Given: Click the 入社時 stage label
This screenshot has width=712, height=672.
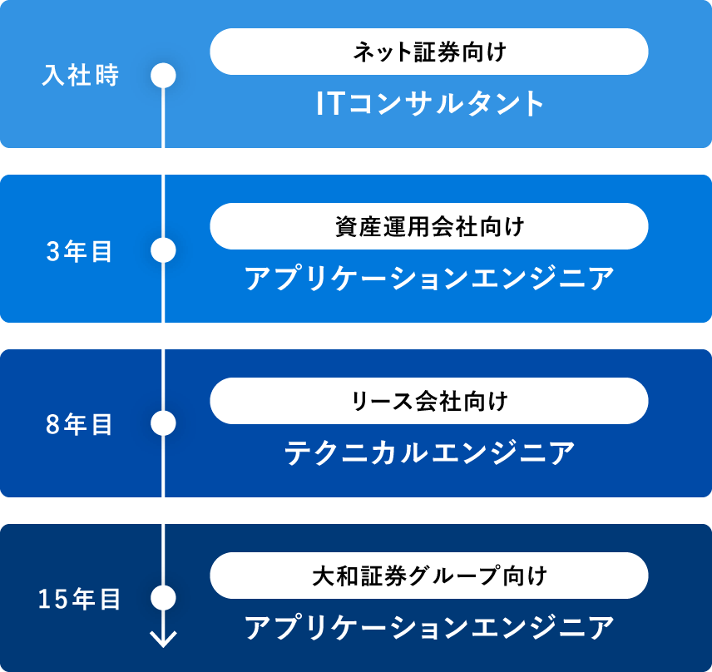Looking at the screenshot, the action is tap(81, 76).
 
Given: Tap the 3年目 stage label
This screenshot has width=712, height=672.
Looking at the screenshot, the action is tap(79, 251).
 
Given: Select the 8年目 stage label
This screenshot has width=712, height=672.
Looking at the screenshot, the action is tap(79, 424).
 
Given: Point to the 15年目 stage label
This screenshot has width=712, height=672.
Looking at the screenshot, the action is tap(79, 599).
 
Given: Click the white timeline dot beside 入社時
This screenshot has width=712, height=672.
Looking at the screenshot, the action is tap(164, 76).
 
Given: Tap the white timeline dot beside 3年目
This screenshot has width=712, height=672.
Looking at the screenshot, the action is tap(164, 250).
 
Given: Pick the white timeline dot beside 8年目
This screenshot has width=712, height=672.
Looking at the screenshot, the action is tap(164, 423).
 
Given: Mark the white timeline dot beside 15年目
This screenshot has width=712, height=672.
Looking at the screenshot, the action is tap(164, 597).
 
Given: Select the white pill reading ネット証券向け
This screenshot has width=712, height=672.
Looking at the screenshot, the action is tap(429, 52).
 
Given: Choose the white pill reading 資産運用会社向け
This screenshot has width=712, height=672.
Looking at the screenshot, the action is tap(429, 226).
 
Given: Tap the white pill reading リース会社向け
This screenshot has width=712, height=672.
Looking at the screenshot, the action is tap(429, 401).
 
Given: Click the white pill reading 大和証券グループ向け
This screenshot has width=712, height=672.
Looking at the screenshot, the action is tap(429, 576).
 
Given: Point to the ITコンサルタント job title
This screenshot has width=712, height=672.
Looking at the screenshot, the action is tap(429, 103).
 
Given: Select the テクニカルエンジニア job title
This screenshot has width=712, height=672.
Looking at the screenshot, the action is tap(429, 452).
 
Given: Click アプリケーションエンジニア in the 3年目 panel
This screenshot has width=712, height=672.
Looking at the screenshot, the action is tap(429, 278).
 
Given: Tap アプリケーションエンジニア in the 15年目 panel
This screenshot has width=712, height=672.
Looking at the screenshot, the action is tap(429, 627).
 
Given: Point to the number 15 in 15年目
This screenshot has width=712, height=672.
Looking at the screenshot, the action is tap(53, 599).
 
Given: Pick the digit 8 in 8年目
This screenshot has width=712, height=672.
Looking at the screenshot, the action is tap(52, 424).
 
